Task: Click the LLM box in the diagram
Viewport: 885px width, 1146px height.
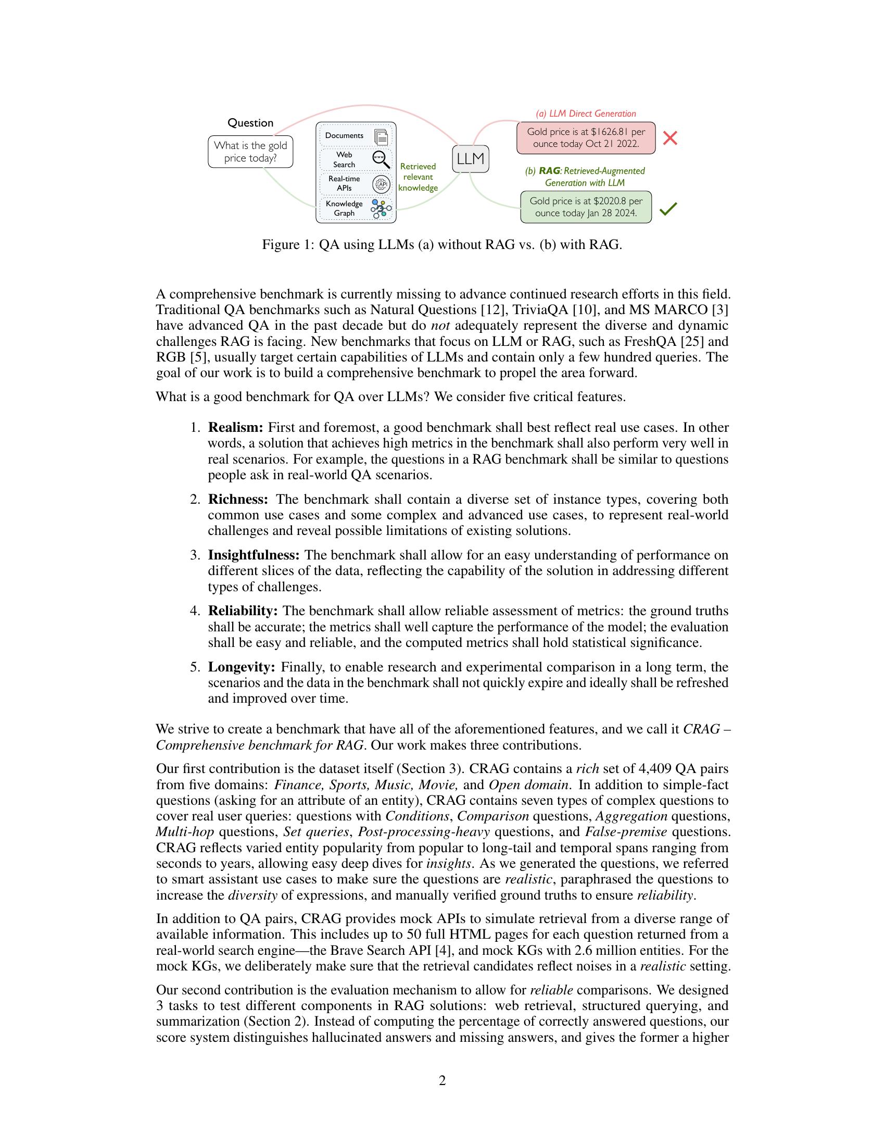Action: pos(470,158)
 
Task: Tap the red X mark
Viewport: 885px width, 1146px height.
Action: pos(670,138)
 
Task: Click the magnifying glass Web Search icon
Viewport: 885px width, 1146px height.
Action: pos(381,159)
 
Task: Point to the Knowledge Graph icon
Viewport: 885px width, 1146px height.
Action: pos(381,208)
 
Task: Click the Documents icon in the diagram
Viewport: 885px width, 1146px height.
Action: pos(382,136)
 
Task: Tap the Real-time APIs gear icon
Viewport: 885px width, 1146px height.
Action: pos(381,184)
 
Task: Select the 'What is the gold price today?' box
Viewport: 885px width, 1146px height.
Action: pos(250,152)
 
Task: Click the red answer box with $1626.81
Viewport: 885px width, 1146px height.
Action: pos(586,138)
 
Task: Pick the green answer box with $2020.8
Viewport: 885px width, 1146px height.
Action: pos(586,207)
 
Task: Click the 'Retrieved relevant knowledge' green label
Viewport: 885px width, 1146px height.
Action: pos(418,177)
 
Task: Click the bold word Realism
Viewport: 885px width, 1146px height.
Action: pos(235,427)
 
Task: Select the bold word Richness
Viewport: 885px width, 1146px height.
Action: pos(238,499)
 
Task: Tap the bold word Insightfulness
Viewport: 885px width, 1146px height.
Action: pos(254,555)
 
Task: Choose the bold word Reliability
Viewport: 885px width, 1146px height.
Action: pos(243,611)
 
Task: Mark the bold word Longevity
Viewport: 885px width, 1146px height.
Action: pos(242,667)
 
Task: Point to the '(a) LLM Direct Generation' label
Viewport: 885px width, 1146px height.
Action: pos(585,114)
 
